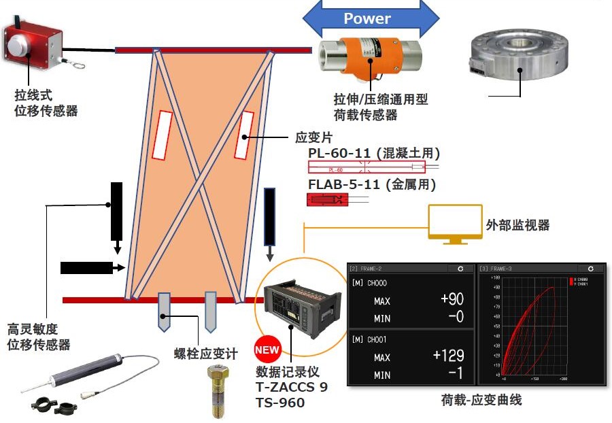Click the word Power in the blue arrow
coord(367,18)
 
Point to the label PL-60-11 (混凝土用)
coord(374,153)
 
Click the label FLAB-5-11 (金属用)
coord(371,184)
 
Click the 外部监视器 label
coord(517,225)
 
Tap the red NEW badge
coord(267,351)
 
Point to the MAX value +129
coord(448,356)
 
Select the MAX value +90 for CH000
coord(452,300)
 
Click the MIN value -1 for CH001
coord(456,374)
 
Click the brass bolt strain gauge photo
coord(216,390)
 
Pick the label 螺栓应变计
coord(206,354)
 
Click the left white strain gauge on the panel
coord(162,135)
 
